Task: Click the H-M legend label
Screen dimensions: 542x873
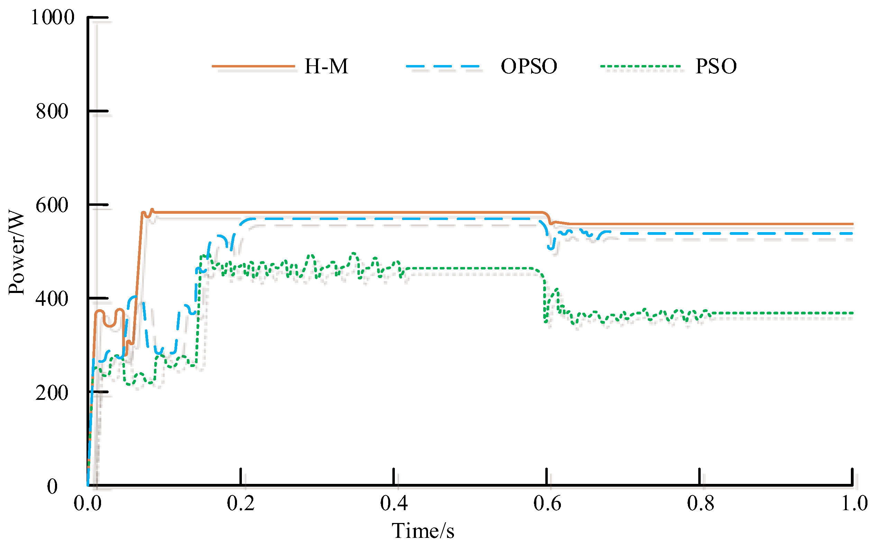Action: [326, 67]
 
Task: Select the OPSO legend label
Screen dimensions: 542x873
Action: [529, 67]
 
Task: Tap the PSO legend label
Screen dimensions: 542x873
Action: [716, 67]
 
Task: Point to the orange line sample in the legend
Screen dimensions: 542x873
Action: [253, 66]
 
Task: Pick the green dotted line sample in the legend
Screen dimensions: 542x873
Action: [640, 66]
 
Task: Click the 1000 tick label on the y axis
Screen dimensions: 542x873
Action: [52, 17]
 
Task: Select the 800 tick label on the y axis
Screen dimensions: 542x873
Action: [52, 111]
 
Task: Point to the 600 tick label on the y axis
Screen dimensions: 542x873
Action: [52, 205]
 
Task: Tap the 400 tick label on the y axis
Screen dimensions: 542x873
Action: [52, 299]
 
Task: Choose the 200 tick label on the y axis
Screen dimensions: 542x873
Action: [52, 393]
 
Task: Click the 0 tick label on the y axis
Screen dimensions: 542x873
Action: [52, 487]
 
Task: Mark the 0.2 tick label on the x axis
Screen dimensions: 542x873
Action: [240, 503]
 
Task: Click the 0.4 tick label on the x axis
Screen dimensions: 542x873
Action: [394, 503]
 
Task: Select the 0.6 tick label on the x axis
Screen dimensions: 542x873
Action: [547, 503]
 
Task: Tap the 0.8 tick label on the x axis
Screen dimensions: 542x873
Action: [700, 503]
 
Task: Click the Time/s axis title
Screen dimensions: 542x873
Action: [423, 531]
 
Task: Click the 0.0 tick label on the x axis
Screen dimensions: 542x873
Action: [88, 503]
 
